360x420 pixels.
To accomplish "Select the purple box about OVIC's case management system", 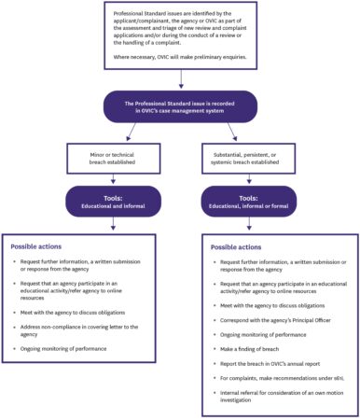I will [x=179, y=105].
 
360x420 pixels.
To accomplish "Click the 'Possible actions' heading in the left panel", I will [x=38, y=246].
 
